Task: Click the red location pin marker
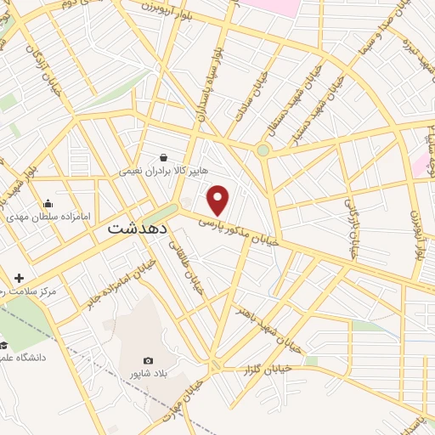pos(218,200)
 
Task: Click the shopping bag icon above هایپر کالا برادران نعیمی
pos(163,157)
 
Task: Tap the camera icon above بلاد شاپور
pos(149,361)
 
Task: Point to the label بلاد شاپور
pos(150,375)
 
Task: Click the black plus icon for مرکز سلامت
pos(19,278)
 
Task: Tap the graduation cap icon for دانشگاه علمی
pos(4,345)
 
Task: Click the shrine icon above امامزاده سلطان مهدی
pos(48,203)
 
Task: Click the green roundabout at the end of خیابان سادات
pos(263,150)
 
